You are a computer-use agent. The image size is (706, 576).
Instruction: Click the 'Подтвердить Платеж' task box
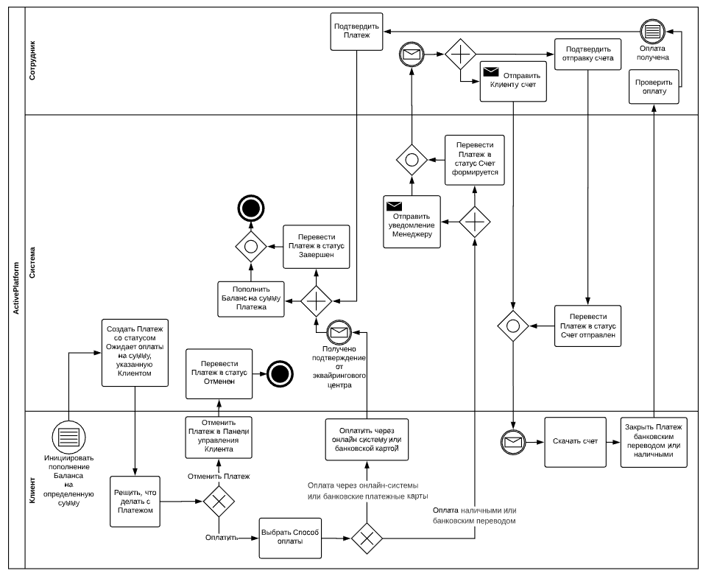(356, 32)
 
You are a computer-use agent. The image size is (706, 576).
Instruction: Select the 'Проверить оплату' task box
(654, 86)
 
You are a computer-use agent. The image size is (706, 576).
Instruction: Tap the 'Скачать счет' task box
(575, 442)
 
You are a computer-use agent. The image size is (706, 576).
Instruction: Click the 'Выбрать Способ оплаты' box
(290, 538)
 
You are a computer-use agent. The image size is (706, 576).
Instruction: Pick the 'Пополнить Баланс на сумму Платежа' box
(251, 299)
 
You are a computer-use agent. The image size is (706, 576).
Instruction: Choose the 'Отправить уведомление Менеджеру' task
(412, 222)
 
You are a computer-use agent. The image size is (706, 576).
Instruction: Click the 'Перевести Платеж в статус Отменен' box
(219, 373)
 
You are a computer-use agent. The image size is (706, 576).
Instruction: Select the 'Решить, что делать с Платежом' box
(135, 502)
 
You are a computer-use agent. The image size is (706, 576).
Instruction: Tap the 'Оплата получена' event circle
(652, 32)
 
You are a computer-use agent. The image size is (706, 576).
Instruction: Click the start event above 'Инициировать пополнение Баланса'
(69, 437)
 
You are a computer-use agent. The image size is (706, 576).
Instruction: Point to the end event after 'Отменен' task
(280, 373)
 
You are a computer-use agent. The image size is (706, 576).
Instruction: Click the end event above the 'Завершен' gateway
(251, 208)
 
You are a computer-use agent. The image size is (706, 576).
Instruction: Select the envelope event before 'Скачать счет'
(513, 442)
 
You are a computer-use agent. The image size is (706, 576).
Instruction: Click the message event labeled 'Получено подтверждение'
(339, 332)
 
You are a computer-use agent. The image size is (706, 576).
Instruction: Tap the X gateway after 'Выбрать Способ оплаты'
(367, 538)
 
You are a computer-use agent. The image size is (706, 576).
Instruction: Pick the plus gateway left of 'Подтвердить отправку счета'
(460, 54)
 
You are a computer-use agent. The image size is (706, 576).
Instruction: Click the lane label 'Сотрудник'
(32, 61)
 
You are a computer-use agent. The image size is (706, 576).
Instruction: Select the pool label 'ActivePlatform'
(16, 288)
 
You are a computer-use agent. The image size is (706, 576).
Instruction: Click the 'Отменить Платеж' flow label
(219, 476)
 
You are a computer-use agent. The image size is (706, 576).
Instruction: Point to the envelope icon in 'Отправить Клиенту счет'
(491, 72)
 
